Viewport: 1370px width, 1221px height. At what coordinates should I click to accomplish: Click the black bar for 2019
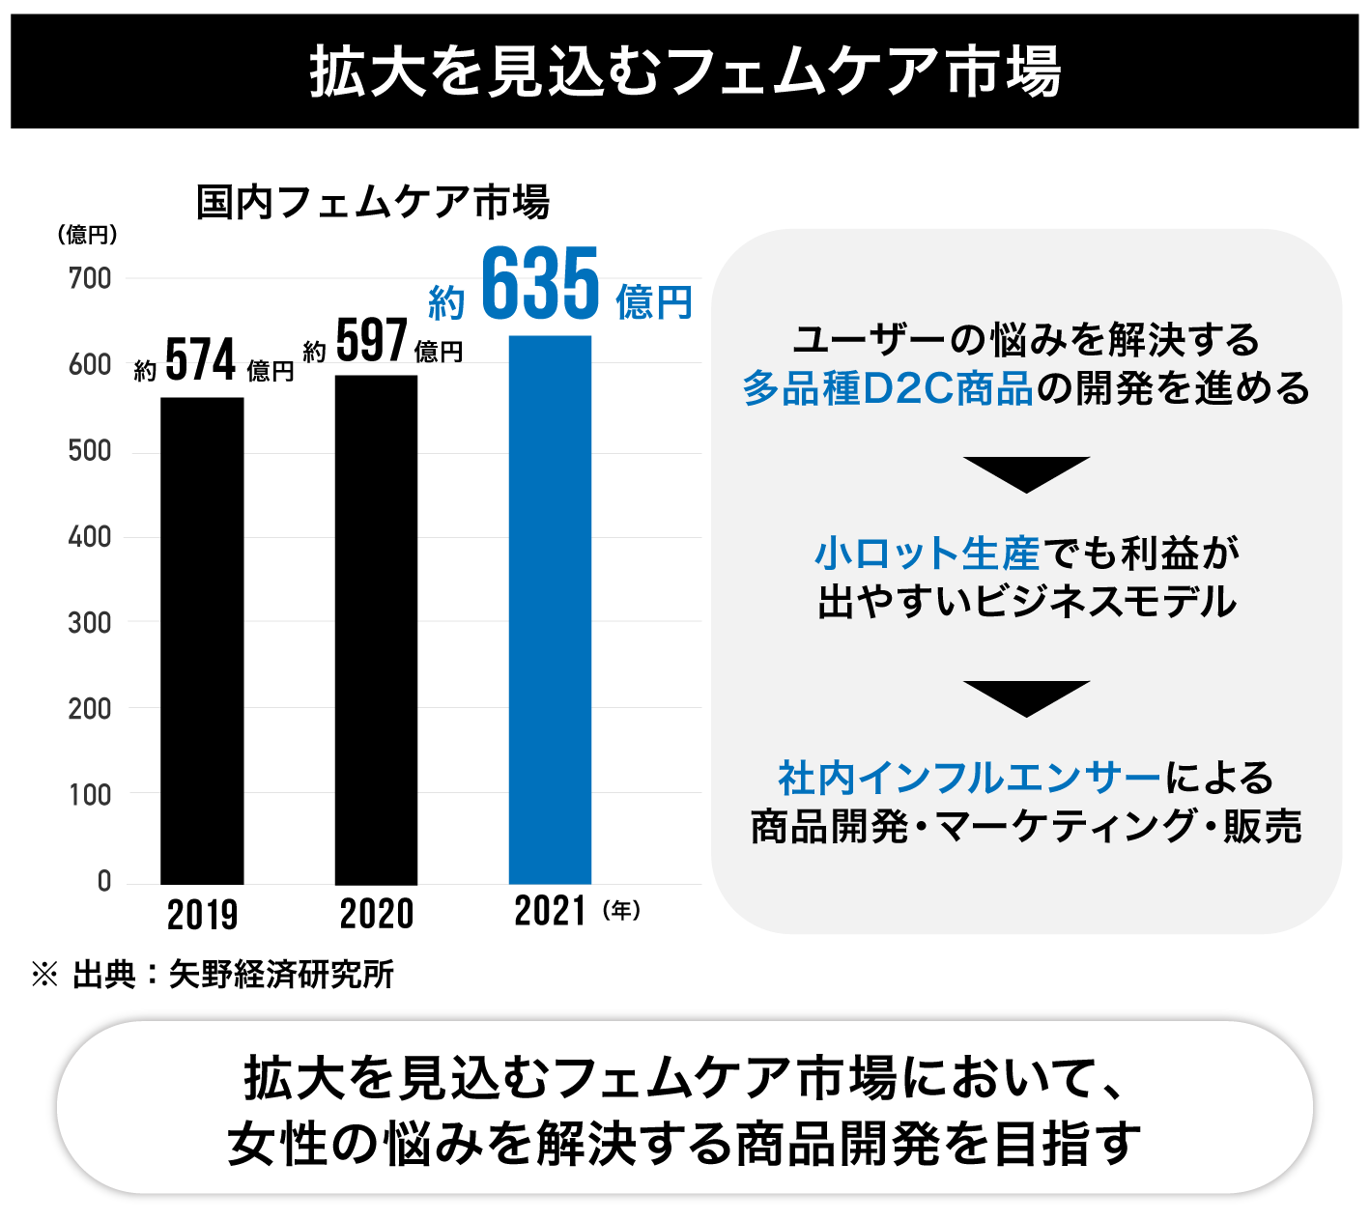(x=202, y=640)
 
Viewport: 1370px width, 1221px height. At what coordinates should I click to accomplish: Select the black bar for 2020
(x=376, y=629)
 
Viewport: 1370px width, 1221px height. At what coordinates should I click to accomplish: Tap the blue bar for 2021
(x=550, y=610)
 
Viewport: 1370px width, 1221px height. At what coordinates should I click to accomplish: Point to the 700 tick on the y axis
(x=90, y=278)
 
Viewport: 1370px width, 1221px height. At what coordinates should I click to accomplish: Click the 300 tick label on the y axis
(x=90, y=623)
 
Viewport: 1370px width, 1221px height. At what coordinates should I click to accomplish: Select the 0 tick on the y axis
(x=104, y=881)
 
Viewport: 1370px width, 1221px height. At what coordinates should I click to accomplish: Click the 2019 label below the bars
(x=202, y=915)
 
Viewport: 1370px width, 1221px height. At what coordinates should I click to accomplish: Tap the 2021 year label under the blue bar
(x=550, y=912)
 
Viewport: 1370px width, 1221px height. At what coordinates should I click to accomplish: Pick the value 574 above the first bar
(x=201, y=360)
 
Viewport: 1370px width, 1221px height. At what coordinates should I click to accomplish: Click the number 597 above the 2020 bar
(x=372, y=341)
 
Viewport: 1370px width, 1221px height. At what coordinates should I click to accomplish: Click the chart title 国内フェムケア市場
(x=373, y=203)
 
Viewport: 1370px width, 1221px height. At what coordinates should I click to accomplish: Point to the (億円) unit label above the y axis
(x=87, y=235)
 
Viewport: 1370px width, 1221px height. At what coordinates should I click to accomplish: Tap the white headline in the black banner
(x=685, y=71)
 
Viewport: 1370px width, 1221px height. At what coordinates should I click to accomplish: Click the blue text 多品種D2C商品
(x=888, y=388)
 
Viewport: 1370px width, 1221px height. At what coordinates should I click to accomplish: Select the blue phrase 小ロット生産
(x=928, y=554)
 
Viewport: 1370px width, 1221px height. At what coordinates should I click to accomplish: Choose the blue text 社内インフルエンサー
(x=969, y=778)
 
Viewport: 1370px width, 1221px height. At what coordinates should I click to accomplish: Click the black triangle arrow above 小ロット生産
(x=1026, y=472)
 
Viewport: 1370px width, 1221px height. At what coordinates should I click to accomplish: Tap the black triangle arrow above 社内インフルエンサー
(x=1026, y=696)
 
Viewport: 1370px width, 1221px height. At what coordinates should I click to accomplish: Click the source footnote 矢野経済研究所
(x=281, y=975)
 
